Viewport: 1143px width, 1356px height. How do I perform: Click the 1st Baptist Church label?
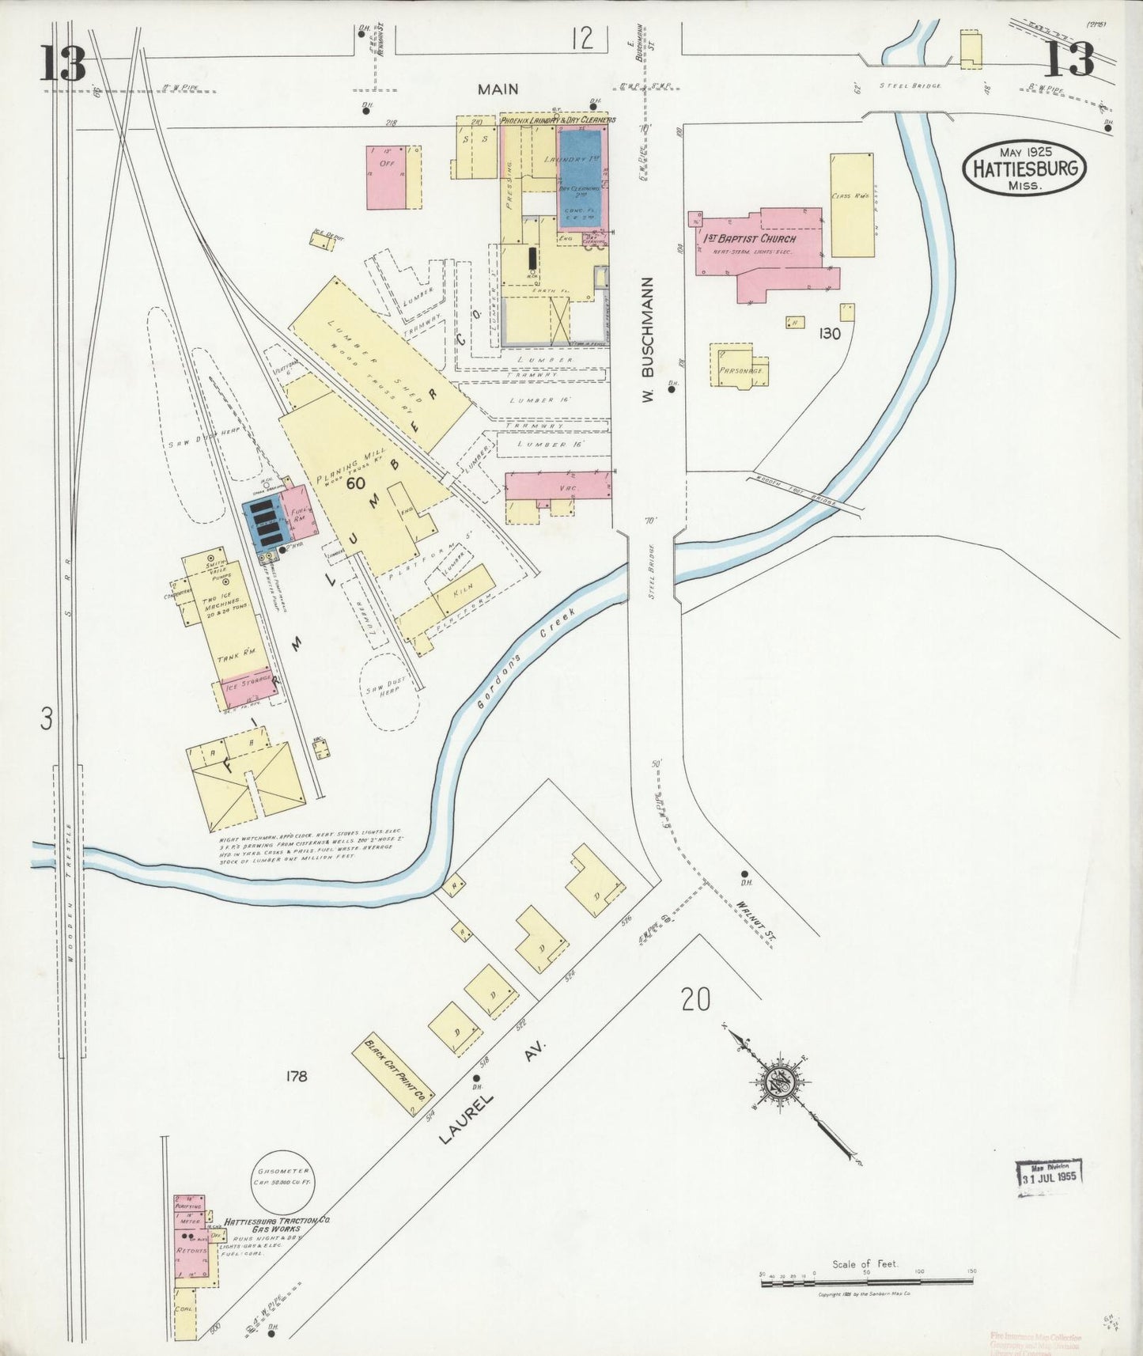(x=750, y=238)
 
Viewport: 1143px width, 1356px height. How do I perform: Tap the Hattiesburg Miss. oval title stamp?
(x=1024, y=168)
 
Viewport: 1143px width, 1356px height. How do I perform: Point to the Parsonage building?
(x=740, y=369)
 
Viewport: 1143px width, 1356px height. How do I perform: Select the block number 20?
(x=695, y=1000)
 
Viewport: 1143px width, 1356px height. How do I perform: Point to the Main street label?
(x=498, y=89)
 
